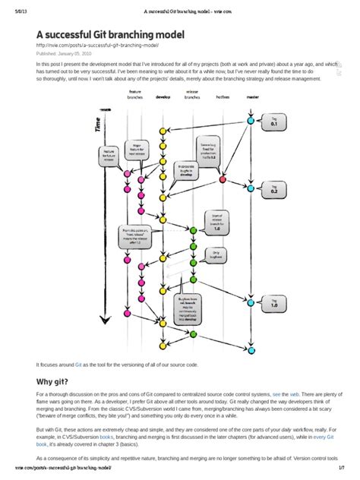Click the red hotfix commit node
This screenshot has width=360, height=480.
coord(222,180)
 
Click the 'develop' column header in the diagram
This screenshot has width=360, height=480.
coord(163,97)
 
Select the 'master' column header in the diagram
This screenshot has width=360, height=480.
coord(250,97)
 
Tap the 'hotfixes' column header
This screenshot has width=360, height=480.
coord(222,97)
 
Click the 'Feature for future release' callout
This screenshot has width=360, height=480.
coord(109,155)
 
